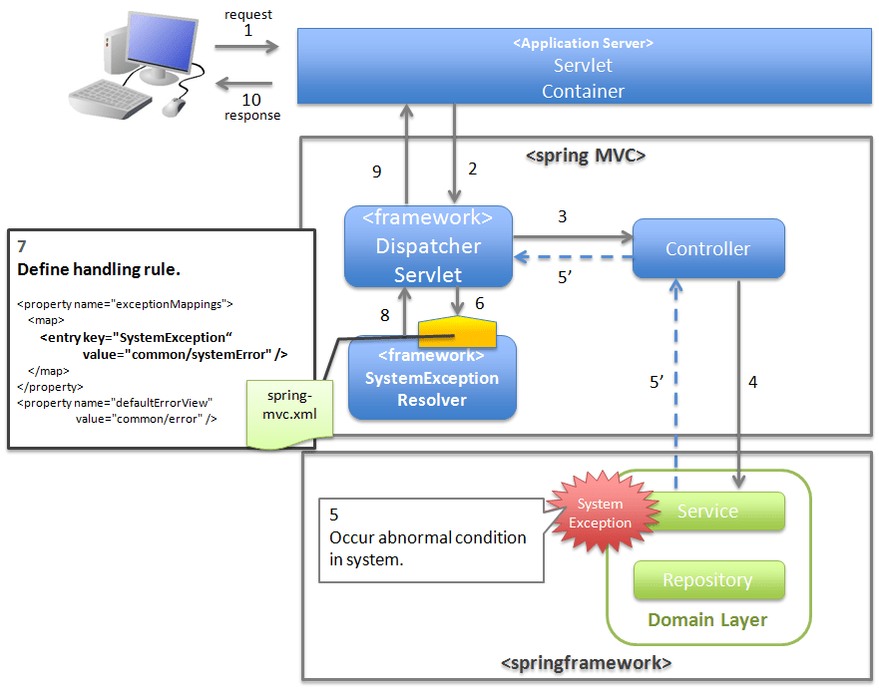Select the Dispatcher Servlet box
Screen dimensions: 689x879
pyautogui.click(x=428, y=246)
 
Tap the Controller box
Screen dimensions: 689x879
pyautogui.click(x=707, y=248)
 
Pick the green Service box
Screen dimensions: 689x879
pyautogui.click(x=707, y=512)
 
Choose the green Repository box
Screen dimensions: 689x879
pyautogui.click(x=707, y=580)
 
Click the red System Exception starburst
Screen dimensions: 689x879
pyautogui.click(x=600, y=514)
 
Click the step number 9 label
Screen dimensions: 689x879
pyautogui.click(x=376, y=172)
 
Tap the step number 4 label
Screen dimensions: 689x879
pyautogui.click(x=752, y=381)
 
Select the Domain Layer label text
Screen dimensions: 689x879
pyautogui.click(x=707, y=620)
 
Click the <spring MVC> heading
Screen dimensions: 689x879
pyautogui.click(x=586, y=156)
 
